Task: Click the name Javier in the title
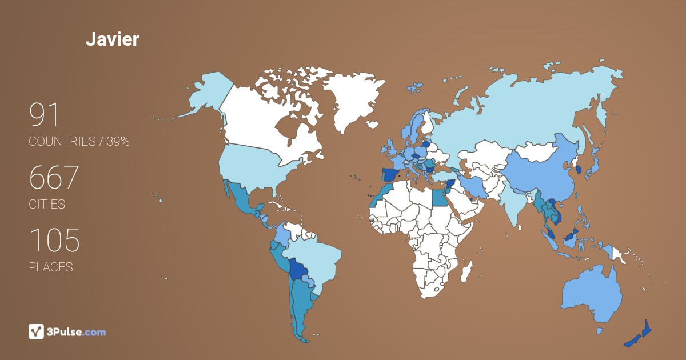pos(113,39)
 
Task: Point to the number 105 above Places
pos(54,241)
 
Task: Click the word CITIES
pos(47,204)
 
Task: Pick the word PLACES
pos(51,267)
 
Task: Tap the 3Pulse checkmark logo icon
pos(37,331)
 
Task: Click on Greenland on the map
pos(350,97)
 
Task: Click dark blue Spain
pos(390,174)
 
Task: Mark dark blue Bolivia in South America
pos(297,269)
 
